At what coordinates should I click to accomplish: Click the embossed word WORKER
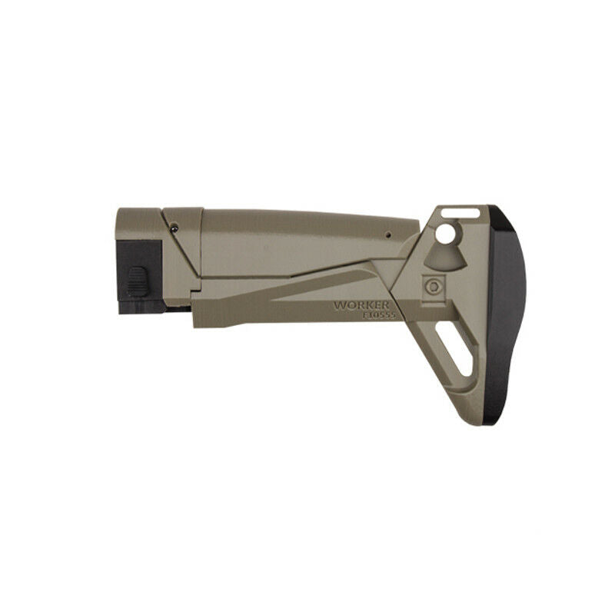361,305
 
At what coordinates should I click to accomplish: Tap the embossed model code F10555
379,315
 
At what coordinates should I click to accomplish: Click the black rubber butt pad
506,314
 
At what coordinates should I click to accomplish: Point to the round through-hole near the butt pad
446,234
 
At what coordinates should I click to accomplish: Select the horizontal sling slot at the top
460,214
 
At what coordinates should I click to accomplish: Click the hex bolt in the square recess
434,286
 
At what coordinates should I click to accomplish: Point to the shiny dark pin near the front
175,227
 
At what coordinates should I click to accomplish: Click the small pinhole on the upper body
388,235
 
